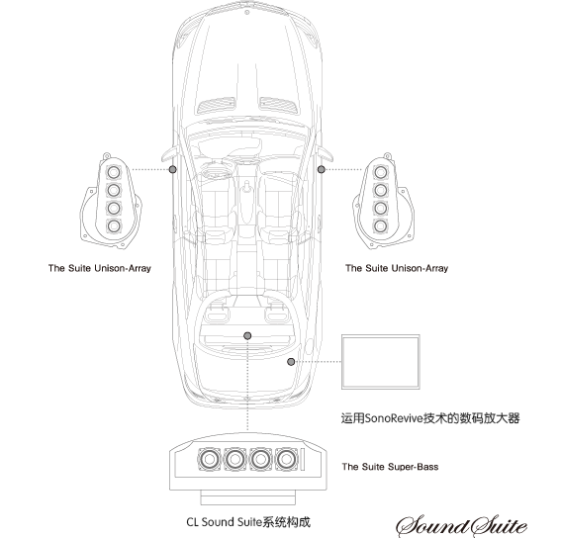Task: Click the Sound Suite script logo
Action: click(x=461, y=526)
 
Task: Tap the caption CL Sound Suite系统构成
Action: click(x=248, y=522)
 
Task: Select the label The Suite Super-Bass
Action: click(x=390, y=467)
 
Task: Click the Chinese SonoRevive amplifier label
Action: click(x=430, y=417)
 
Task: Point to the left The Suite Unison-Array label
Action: click(x=100, y=268)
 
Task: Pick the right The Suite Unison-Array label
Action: click(x=397, y=268)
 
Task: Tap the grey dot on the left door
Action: click(x=173, y=169)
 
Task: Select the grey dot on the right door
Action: click(x=321, y=169)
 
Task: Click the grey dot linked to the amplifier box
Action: click(x=291, y=362)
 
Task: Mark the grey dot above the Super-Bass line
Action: click(x=247, y=335)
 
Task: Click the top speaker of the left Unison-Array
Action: click(x=114, y=172)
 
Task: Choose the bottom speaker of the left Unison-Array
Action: click(x=114, y=225)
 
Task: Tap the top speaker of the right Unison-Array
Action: click(x=380, y=172)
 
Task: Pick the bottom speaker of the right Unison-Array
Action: click(x=380, y=225)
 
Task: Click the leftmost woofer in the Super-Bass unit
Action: click(x=210, y=459)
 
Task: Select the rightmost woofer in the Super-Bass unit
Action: click(x=286, y=459)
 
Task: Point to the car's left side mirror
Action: click(x=169, y=153)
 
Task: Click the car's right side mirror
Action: click(x=325, y=153)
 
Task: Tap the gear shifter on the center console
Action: click(x=247, y=188)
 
